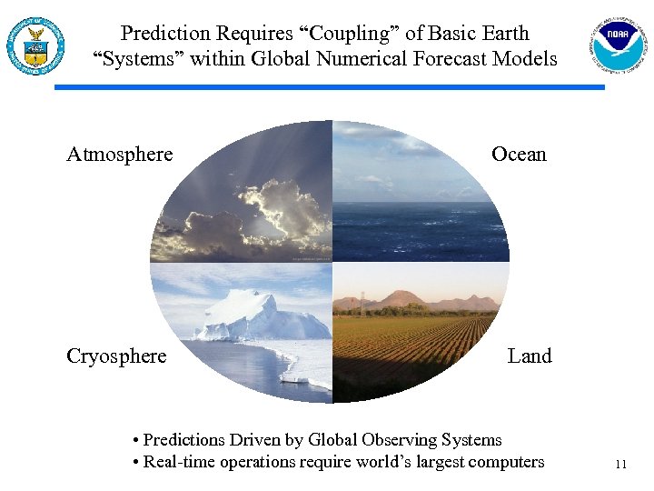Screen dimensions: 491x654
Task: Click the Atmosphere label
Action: pos(119,155)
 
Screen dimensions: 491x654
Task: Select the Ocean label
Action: pos(519,155)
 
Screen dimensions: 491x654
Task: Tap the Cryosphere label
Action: pos(116,356)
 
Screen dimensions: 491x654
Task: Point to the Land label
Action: pos(530,356)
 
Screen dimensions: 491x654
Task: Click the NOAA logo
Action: pos(618,44)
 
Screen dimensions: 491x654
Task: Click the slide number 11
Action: pos(620,465)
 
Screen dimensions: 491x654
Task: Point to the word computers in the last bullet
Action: pos(506,462)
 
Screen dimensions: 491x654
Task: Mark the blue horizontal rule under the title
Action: pos(329,87)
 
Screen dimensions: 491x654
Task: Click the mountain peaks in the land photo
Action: pos(400,299)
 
